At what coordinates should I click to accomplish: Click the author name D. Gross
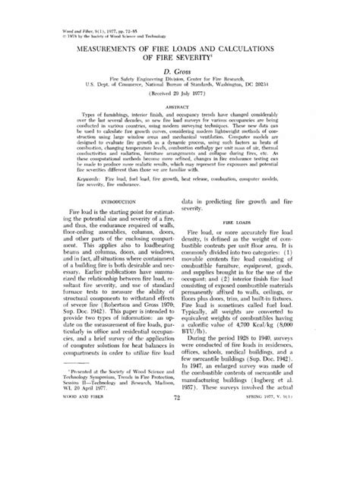pyautogui.click(x=180, y=90)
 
